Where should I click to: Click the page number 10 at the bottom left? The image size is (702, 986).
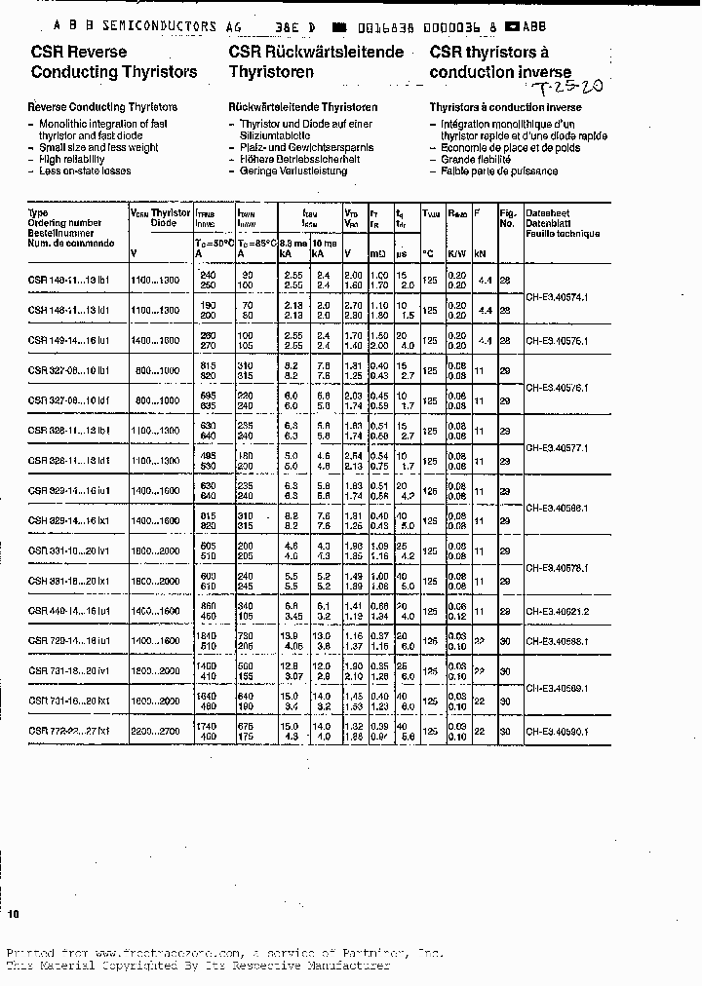(14, 914)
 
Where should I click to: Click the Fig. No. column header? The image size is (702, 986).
(507, 217)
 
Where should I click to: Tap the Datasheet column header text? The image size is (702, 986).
(548, 212)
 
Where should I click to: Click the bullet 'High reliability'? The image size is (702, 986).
(70, 159)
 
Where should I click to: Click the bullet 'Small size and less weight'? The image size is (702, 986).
(97, 147)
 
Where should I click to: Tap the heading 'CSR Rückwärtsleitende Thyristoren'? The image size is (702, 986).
(316, 61)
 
